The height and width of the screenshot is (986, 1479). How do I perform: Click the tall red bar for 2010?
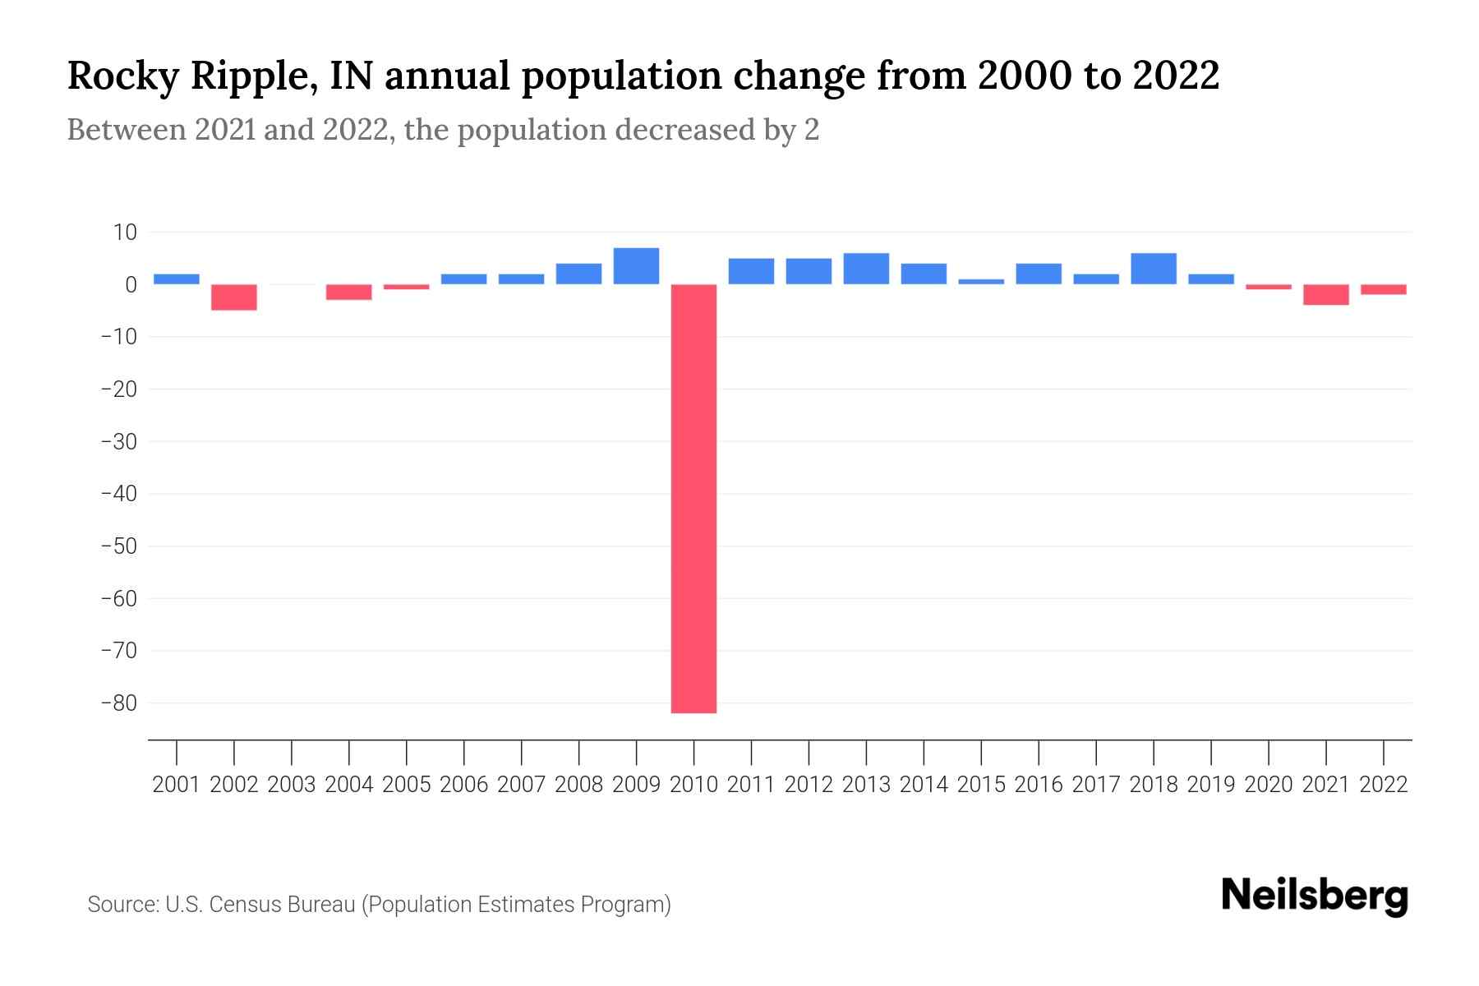[693, 498]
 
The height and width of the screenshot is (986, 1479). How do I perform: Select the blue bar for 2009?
[636, 266]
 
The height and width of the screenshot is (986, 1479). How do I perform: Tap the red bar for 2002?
[234, 297]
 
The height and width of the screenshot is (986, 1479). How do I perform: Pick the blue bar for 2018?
[1154, 269]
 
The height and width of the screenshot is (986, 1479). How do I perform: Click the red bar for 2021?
[1325, 295]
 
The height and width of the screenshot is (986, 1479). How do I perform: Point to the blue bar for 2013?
[866, 269]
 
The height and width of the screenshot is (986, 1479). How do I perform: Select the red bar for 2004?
[349, 293]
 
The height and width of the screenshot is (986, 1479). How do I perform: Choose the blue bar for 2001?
[177, 279]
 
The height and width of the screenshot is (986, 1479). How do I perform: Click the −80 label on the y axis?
[119, 703]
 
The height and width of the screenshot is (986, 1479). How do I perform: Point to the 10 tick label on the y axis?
[125, 233]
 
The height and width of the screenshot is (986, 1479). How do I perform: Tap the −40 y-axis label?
[119, 494]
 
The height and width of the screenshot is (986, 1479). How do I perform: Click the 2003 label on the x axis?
[292, 785]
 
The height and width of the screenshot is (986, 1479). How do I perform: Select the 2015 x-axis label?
[981, 785]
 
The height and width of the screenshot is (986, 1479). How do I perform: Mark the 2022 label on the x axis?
[1384, 785]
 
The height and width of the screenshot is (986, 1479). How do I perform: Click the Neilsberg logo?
[1315, 896]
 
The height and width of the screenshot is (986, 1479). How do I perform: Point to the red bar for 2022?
[1384, 289]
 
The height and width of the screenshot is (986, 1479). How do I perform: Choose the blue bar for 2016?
[1039, 274]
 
